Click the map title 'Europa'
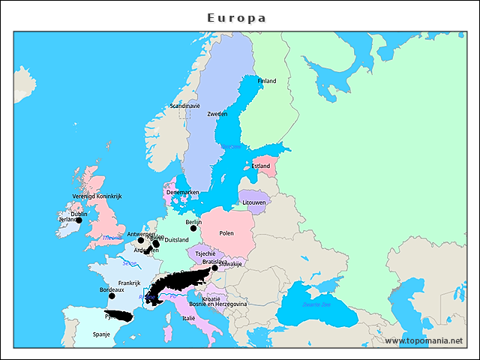[237, 17]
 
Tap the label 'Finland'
[266, 81]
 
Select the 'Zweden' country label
[217, 114]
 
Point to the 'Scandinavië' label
[185, 106]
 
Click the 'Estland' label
[261, 166]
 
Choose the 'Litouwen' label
[254, 202]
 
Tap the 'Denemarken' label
[182, 192]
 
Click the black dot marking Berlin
[193, 229]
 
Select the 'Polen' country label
[226, 233]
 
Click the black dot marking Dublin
[79, 220]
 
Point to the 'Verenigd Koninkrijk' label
[97, 196]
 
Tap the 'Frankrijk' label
[129, 283]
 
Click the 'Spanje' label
[100, 334]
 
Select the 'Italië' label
[187, 318]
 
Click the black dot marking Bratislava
[214, 268]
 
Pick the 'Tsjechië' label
[205, 253]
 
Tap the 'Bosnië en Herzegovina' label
[217, 304]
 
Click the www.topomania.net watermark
[424, 340]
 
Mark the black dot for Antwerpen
[140, 241]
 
